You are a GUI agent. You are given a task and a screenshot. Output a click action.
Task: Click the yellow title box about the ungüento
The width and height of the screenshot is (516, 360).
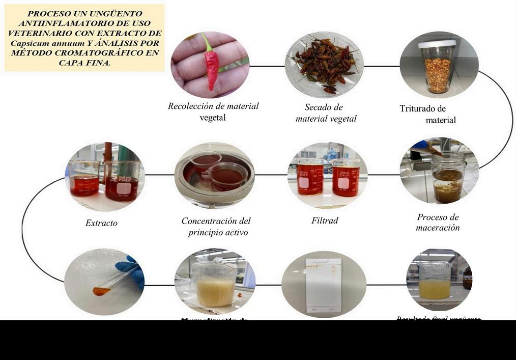click(84, 38)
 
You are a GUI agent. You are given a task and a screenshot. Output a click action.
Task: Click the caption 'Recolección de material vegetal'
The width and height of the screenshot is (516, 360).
click(213, 112)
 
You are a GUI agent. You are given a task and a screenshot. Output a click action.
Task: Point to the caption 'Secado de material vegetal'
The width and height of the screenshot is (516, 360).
click(326, 113)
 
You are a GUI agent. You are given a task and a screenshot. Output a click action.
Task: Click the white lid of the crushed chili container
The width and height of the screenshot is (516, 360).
click(437, 44)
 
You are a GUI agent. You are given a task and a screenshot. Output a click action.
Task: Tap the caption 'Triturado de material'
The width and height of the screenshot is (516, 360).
click(427, 114)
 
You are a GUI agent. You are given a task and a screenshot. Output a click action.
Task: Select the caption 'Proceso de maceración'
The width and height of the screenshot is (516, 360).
click(438, 223)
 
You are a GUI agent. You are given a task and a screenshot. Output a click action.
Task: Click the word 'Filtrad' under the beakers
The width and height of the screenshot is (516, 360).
click(325, 221)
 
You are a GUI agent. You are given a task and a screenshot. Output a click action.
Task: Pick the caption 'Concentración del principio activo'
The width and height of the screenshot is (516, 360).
click(216, 227)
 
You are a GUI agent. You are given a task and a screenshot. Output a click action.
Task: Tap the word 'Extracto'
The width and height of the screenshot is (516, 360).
click(101, 223)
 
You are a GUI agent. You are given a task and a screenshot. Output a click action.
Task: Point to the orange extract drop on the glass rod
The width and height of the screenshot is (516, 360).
click(101, 291)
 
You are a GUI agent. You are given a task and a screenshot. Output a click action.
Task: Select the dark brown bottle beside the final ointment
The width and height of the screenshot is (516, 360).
click(467, 278)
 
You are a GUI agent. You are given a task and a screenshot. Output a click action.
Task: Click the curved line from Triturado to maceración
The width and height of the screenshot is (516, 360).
click(509, 117)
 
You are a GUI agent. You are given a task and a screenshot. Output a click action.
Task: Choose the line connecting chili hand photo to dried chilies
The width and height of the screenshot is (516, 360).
click(267, 66)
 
